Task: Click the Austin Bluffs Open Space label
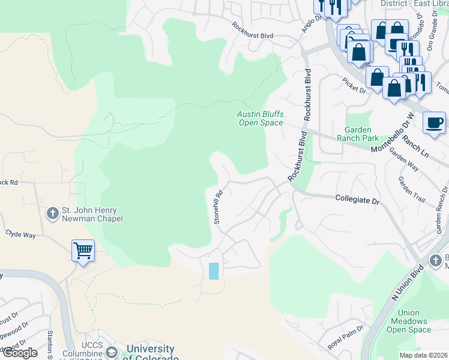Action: pyautogui.click(x=259, y=118)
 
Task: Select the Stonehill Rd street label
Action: pyautogui.click(x=219, y=207)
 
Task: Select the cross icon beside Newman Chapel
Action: pyautogui.click(x=53, y=213)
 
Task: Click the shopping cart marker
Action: pyautogui.click(x=83, y=250)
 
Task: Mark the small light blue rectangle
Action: pyautogui.click(x=213, y=271)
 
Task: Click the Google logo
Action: pyautogui.click(x=19, y=353)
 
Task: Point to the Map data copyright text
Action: pyautogui.click(x=424, y=355)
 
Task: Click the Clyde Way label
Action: pyautogui.click(x=20, y=235)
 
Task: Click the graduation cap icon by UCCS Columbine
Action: pyautogui.click(x=111, y=352)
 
